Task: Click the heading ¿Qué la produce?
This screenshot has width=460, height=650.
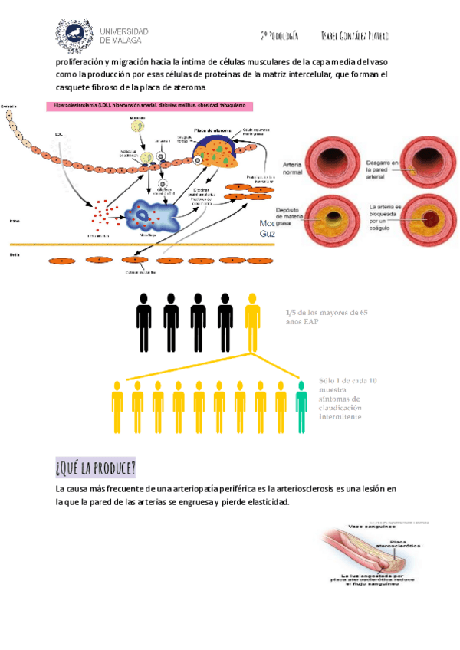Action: click(96, 467)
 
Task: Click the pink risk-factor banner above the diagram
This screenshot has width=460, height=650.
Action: click(155, 105)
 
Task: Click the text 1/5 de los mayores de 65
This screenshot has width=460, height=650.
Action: click(327, 312)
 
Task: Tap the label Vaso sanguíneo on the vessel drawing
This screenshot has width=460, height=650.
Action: click(371, 527)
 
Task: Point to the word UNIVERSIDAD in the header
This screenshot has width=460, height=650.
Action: click(125, 31)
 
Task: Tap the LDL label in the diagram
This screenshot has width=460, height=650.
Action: click(59, 134)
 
